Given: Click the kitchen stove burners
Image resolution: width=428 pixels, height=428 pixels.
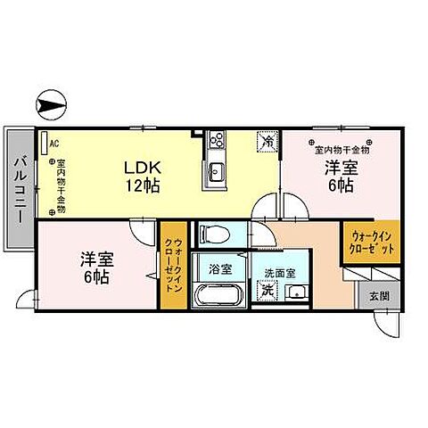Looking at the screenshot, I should click(216, 141).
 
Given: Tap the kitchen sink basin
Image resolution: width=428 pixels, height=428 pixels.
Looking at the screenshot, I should click(215, 170).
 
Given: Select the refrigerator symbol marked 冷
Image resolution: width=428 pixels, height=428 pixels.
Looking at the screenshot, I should click(267, 141).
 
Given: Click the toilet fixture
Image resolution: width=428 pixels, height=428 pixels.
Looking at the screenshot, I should click(211, 234).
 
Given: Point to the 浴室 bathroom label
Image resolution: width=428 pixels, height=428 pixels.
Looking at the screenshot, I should click(220, 266).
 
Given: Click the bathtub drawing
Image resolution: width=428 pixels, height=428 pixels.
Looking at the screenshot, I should click(219, 295).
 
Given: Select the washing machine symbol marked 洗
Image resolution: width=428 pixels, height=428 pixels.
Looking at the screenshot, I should click(267, 291).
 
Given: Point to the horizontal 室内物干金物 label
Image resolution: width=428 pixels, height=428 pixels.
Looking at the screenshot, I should click(339, 150).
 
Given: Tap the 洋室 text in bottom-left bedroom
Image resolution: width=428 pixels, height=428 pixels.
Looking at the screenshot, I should click(94, 259).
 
